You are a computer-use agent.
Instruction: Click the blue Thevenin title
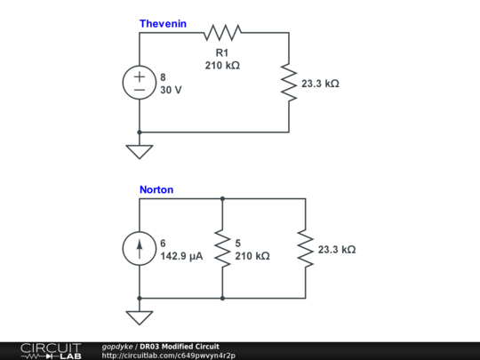tap(163, 24)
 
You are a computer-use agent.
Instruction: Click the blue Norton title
tap(156, 189)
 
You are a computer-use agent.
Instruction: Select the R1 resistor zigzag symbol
tap(222, 33)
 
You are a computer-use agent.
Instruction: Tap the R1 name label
tap(222, 52)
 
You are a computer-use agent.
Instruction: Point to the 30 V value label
tap(171, 90)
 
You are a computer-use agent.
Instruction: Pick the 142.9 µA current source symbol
tap(140, 249)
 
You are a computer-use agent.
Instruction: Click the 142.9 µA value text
tap(181, 256)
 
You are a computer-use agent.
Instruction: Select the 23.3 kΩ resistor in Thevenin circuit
tap(289, 83)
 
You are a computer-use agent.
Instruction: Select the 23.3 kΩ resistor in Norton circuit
tap(306, 249)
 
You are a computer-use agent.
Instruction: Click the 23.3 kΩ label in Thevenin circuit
tap(320, 84)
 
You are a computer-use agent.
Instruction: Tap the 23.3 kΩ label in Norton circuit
tap(337, 250)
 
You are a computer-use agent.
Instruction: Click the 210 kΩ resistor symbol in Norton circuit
tap(222, 249)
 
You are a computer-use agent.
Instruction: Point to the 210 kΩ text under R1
tap(222, 66)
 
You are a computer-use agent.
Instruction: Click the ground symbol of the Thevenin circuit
tap(140, 152)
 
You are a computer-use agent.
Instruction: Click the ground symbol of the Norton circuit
tap(140, 317)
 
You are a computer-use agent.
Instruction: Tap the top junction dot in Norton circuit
tap(222, 199)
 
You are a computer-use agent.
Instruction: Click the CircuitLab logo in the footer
tap(51, 351)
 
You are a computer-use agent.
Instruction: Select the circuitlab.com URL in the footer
tap(168, 356)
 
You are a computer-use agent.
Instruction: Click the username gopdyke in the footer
tap(117, 347)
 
